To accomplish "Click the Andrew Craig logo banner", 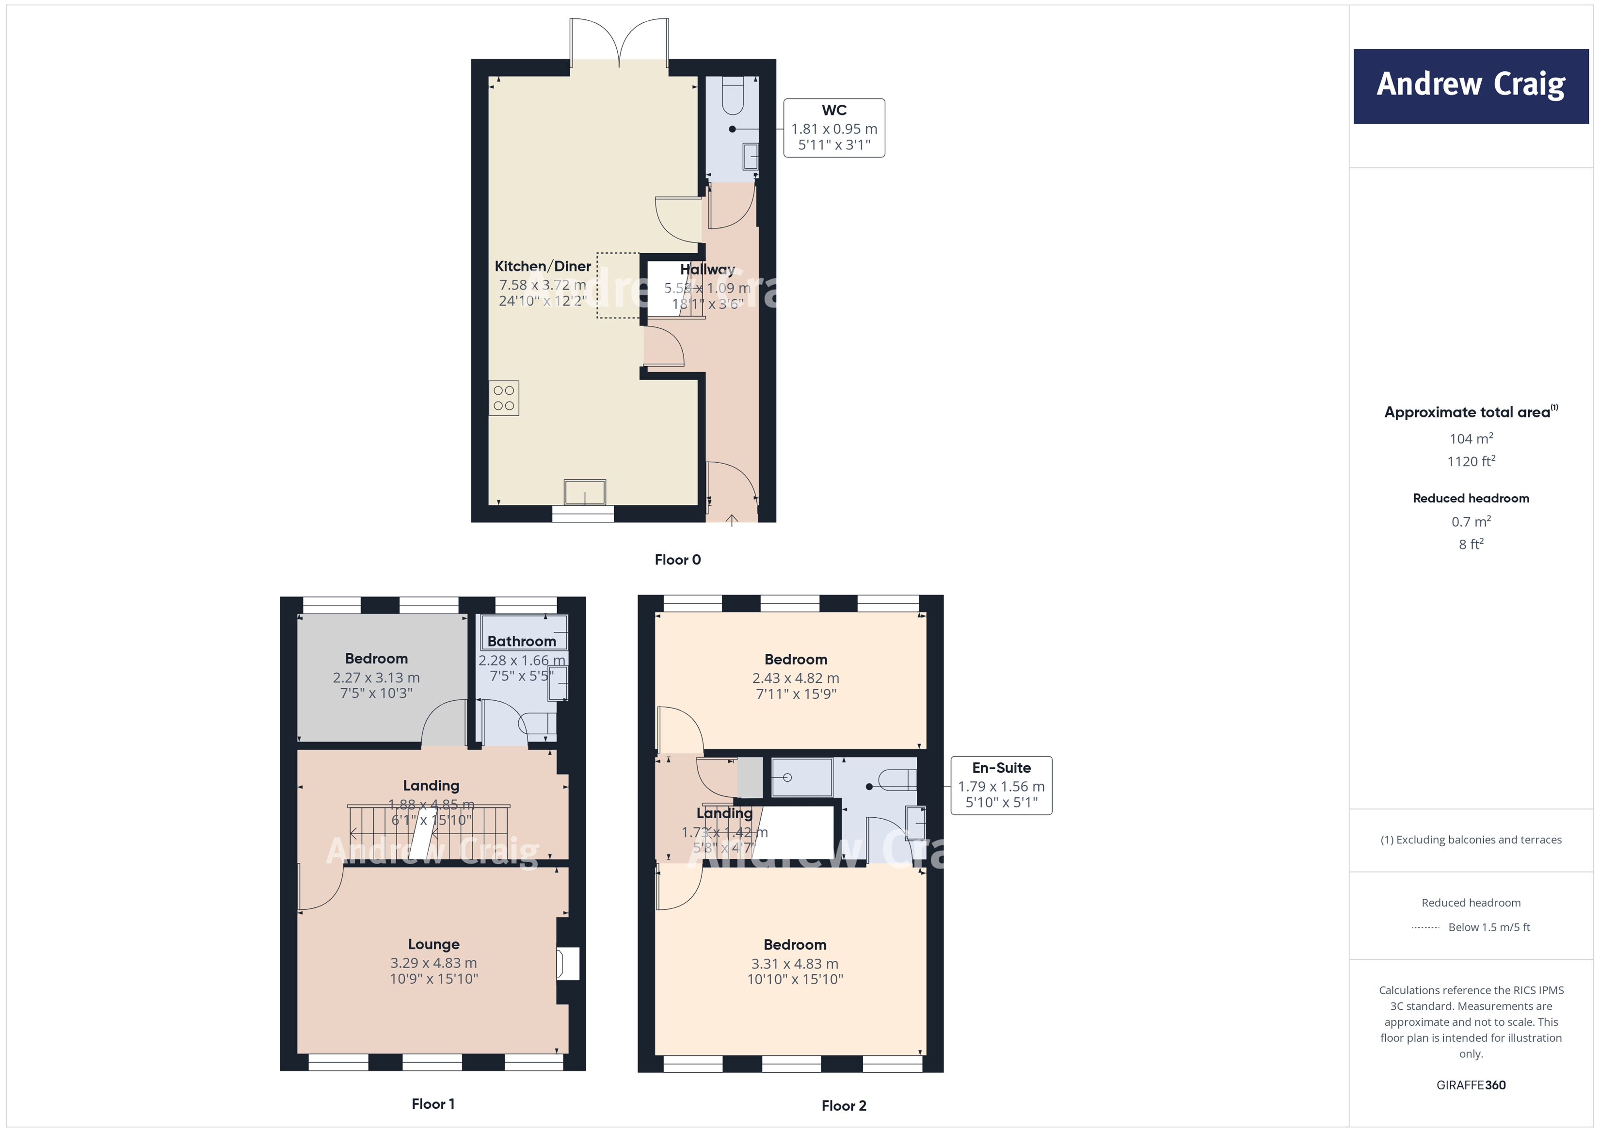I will tap(1471, 86).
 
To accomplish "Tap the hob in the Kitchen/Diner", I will tap(504, 398).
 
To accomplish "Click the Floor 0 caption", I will tap(677, 560).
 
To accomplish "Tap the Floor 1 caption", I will tap(433, 1103).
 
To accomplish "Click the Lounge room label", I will tap(433, 944).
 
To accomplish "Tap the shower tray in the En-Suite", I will tap(802, 777).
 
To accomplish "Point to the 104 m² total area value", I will tap(1471, 439).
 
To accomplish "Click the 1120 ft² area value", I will tap(1471, 461).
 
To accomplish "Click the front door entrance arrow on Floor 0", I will tap(732, 520).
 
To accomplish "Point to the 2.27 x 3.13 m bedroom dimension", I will tap(376, 678).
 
